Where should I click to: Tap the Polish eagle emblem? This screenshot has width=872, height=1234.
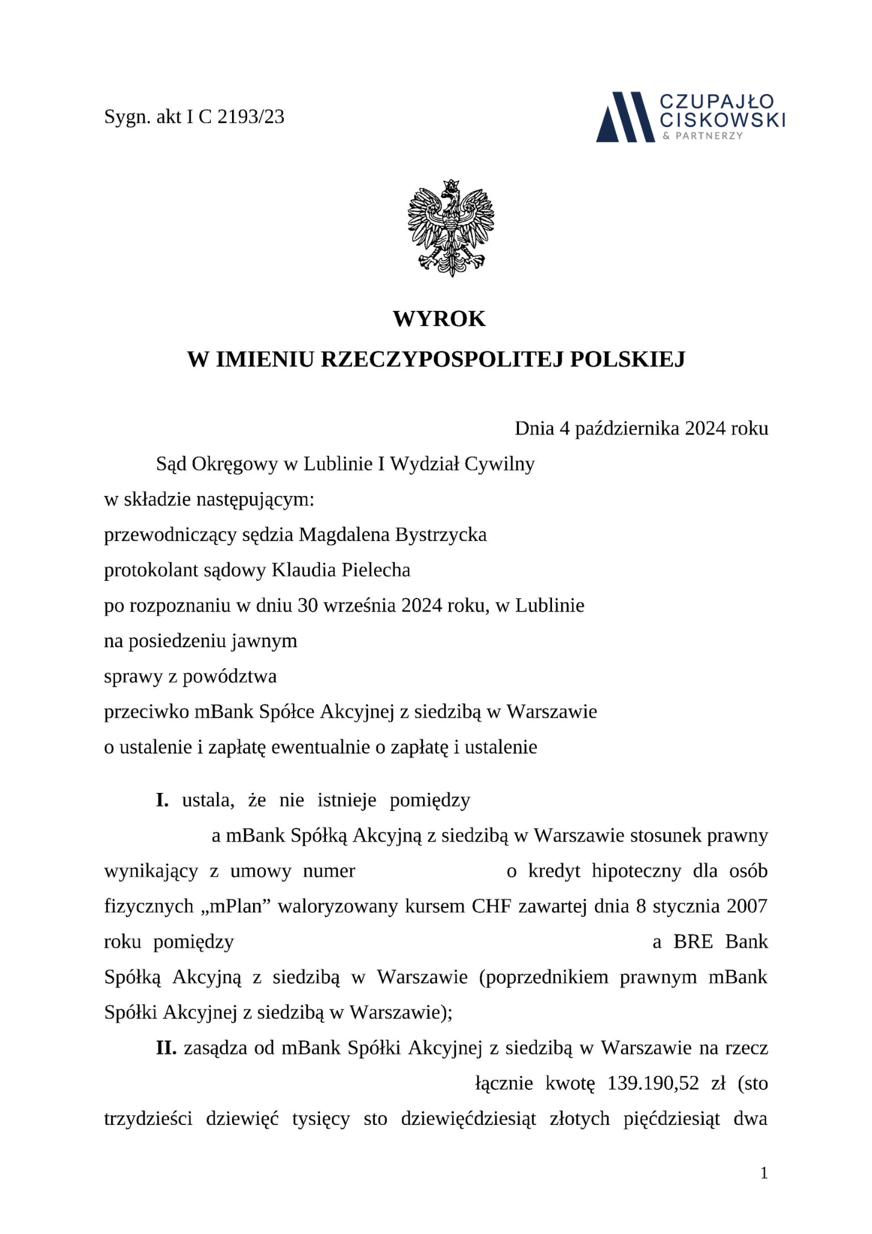click(x=450, y=227)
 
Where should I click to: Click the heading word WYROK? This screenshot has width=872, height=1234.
click(x=439, y=319)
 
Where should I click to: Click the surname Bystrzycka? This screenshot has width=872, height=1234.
click(x=441, y=534)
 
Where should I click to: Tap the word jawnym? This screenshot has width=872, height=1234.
click(x=264, y=640)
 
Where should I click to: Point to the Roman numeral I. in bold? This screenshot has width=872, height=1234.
click(x=162, y=801)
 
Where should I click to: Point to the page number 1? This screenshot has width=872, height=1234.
click(x=764, y=1173)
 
